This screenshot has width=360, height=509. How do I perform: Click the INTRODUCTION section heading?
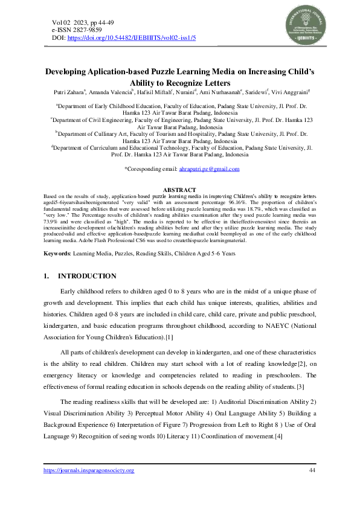[86, 276]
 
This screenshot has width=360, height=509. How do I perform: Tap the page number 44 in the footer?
[312, 470]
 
